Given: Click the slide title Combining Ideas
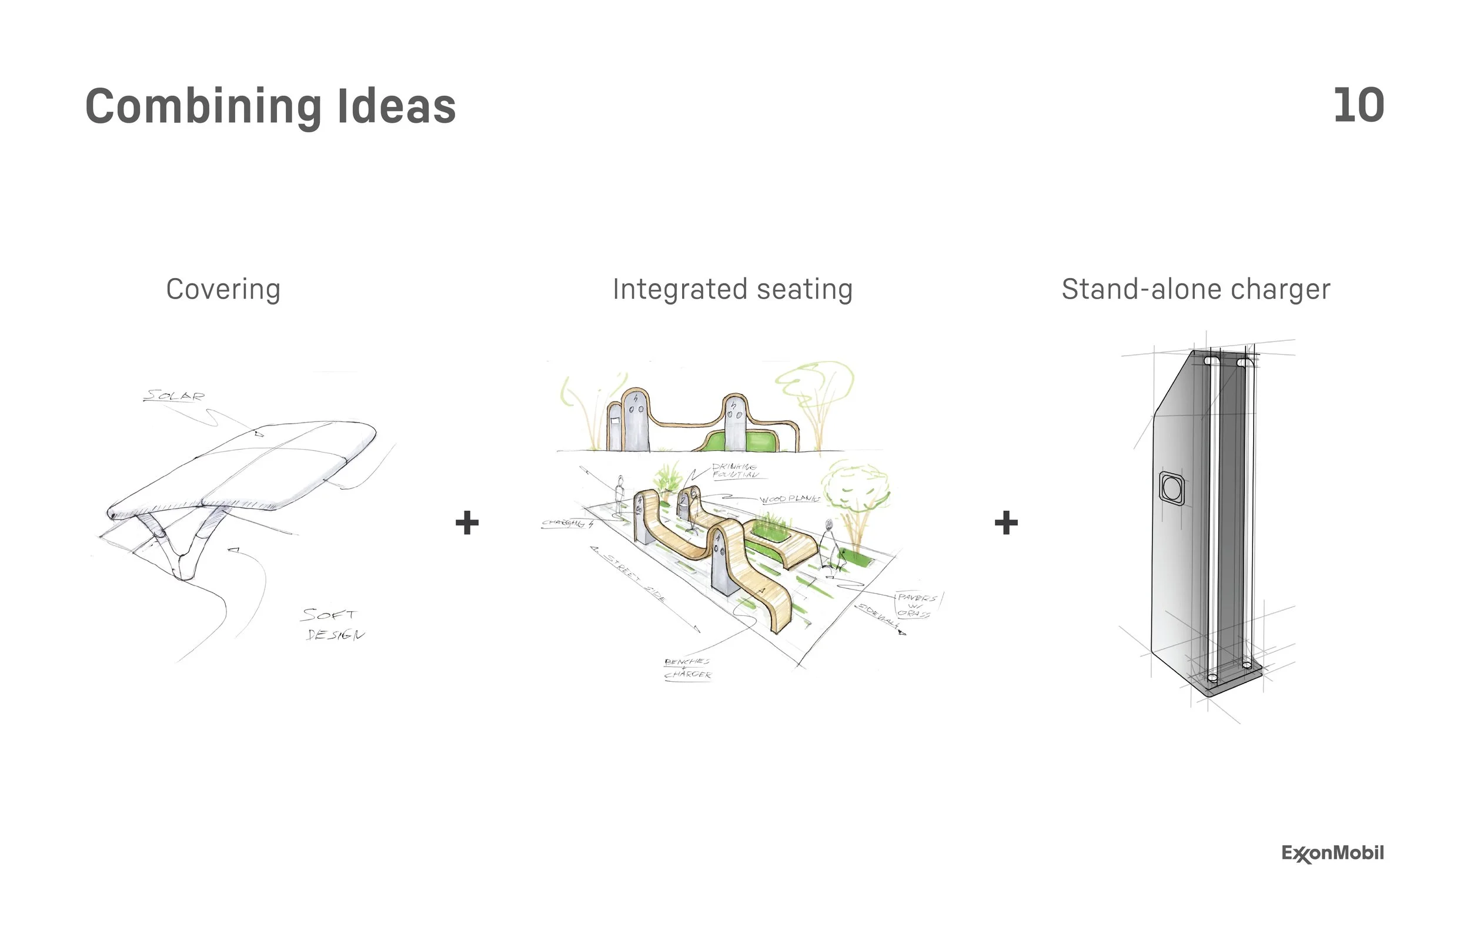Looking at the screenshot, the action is (270, 106).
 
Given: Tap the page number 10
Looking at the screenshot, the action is (1358, 106).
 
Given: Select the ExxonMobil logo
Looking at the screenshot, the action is (1332, 853).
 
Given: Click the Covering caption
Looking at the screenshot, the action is (223, 289).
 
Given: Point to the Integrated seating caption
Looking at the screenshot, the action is (733, 289).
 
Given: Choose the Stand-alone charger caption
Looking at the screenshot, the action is (1196, 289).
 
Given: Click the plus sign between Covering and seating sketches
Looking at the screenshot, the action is (467, 523).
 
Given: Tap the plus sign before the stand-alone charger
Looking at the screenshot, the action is (1006, 523).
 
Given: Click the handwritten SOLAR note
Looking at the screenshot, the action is (173, 395).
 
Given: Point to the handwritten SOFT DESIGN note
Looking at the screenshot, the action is (332, 624).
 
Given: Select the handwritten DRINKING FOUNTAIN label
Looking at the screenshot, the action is (734, 471).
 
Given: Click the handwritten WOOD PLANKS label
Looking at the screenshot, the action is (789, 498).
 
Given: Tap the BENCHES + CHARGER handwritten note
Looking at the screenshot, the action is (687, 668).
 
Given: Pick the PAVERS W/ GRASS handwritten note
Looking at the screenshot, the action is (916, 605).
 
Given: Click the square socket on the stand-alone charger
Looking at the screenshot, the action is (1172, 488).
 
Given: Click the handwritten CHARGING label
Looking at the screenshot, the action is (566, 524).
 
